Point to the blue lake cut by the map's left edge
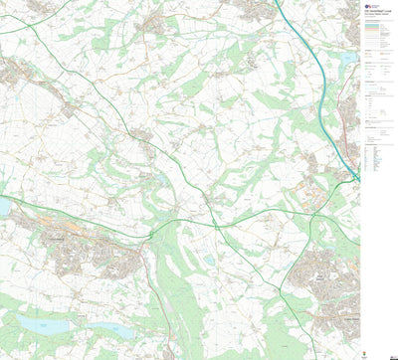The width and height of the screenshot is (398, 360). [3, 207]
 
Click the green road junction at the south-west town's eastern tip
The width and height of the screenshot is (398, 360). [150, 235]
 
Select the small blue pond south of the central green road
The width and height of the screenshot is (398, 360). [208, 261]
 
